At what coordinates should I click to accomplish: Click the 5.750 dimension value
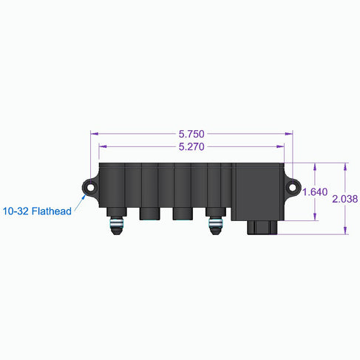[191, 135]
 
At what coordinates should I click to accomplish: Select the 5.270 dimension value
[191, 147]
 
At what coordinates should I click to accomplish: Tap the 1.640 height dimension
[316, 192]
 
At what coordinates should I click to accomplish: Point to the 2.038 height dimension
[345, 199]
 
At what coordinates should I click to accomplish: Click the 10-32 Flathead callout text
[37, 211]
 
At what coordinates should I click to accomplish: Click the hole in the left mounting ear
[92, 189]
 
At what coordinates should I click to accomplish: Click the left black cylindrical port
[150, 214]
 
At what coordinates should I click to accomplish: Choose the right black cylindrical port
[183, 214]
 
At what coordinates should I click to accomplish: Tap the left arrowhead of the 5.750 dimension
[93, 135]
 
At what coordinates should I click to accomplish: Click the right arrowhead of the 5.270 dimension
[282, 147]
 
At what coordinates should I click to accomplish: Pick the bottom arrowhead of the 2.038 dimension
[345, 231]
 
